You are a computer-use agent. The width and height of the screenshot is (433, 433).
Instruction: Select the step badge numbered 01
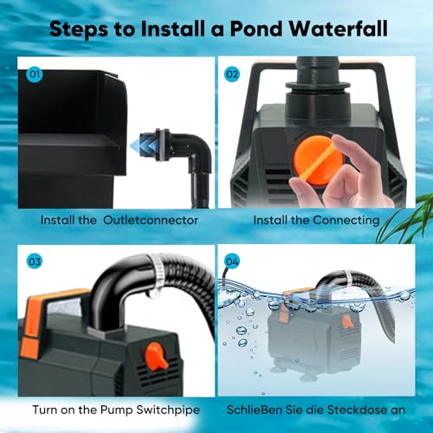[36, 74]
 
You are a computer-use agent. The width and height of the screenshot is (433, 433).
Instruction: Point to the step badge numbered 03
[36, 258]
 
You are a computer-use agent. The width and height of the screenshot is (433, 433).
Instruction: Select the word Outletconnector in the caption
[151, 220]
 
